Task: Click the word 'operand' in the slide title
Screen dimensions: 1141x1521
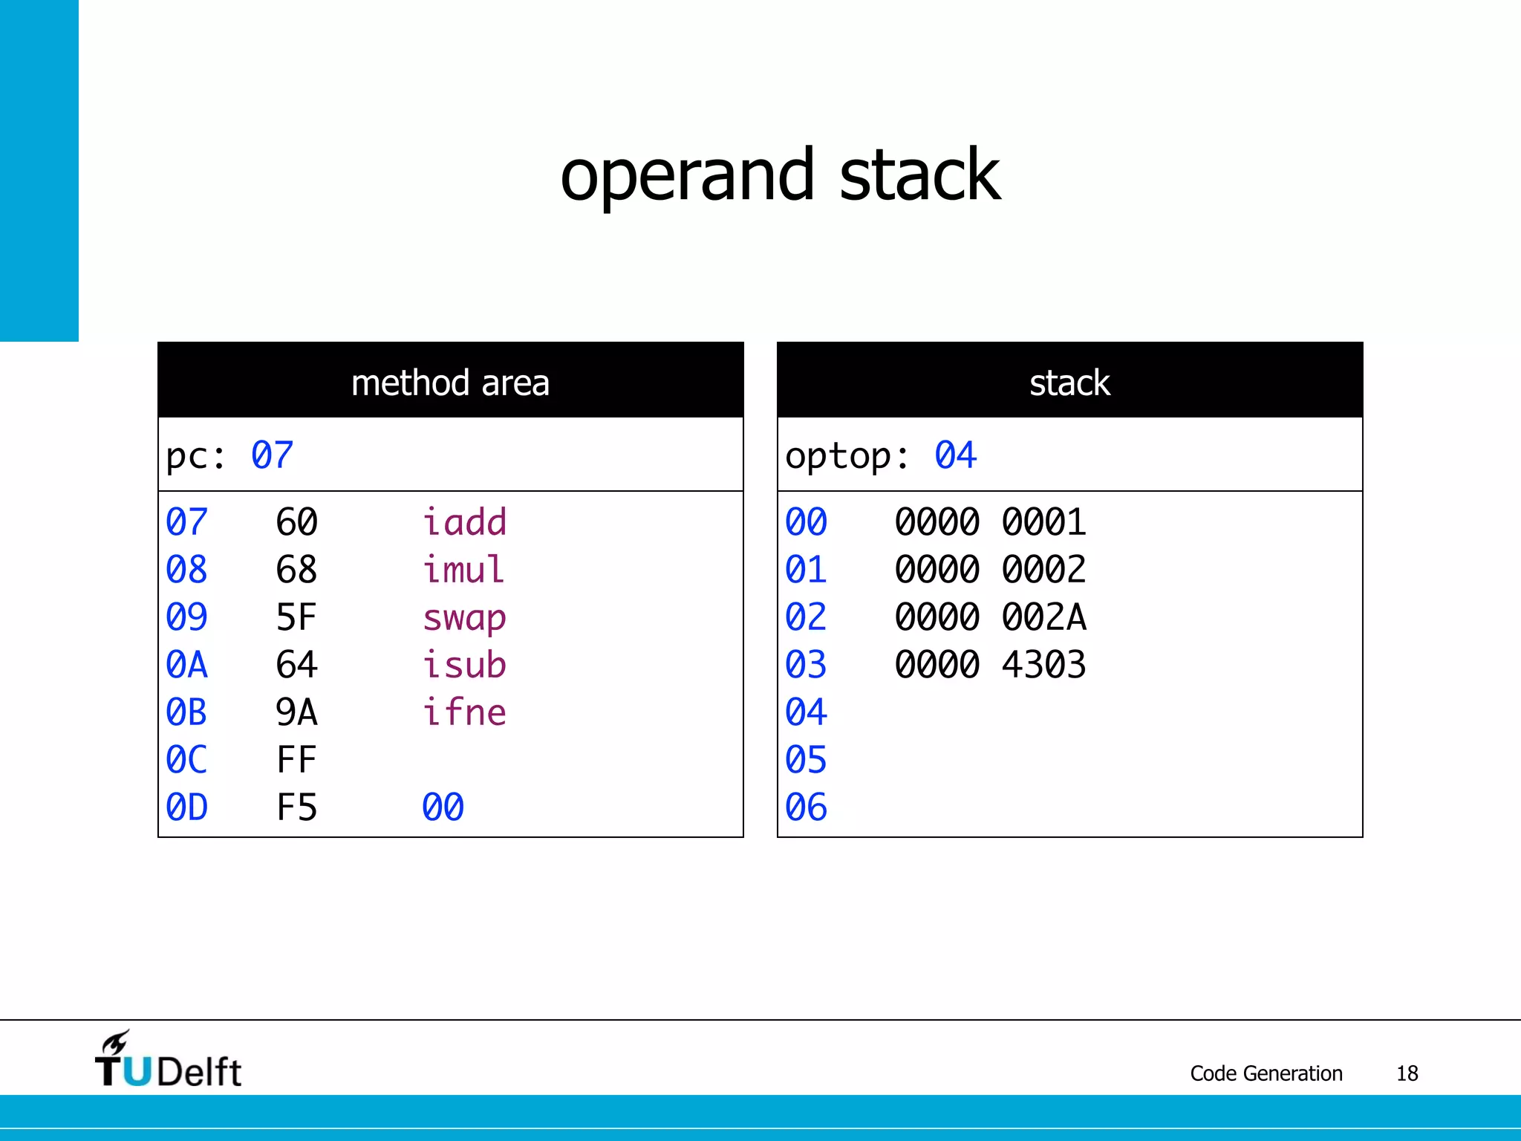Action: pos(687,177)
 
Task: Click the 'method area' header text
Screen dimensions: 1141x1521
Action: pos(450,383)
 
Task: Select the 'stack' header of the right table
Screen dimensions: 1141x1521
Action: pos(1069,383)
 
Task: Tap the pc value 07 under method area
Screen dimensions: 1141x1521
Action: pos(272,455)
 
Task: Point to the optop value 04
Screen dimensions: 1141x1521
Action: pos(955,455)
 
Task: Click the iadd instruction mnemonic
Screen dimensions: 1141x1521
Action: pos(464,522)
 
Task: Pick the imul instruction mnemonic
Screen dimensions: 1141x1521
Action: pos(463,570)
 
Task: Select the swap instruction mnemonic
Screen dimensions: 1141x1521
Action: pos(464,618)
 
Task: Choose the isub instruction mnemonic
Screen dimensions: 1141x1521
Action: pos(464,665)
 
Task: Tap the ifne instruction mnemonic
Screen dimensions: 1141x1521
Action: pos(464,712)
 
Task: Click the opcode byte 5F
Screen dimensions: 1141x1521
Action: pos(296,617)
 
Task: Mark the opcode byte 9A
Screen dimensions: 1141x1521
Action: pos(296,712)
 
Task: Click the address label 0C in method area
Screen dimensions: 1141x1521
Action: pos(186,760)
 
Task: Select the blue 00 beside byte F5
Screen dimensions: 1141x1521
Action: pos(443,807)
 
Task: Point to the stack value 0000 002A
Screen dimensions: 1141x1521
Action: pos(990,617)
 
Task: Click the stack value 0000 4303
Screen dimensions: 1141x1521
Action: pos(990,665)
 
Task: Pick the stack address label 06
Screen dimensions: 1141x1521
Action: pos(806,807)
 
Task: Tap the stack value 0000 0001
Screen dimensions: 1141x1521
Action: pos(990,522)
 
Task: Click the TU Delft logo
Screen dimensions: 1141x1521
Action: pos(168,1061)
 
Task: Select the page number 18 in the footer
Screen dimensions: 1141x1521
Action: pos(1407,1073)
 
